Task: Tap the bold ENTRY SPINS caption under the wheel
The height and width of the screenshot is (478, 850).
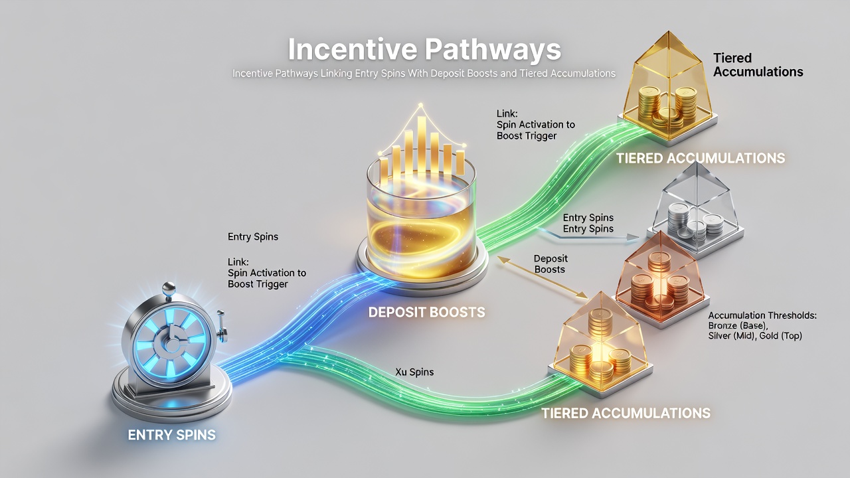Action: click(x=172, y=435)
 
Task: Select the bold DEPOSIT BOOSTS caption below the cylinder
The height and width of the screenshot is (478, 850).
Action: click(x=426, y=312)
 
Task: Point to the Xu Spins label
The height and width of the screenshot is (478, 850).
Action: click(x=414, y=372)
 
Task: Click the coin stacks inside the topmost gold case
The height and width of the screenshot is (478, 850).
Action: click(x=668, y=106)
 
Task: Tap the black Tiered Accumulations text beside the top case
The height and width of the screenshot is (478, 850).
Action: click(x=758, y=65)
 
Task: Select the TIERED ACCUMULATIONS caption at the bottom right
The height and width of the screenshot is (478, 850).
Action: click(x=626, y=413)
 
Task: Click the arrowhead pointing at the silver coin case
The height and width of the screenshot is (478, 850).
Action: click(x=633, y=238)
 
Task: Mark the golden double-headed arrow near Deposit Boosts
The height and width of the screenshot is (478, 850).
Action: click(x=543, y=278)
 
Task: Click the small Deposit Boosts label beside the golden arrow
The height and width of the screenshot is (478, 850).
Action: click(x=551, y=264)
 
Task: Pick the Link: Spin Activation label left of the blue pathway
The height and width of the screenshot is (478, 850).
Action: click(x=266, y=273)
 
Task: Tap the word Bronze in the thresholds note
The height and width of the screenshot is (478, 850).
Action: click(x=722, y=325)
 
